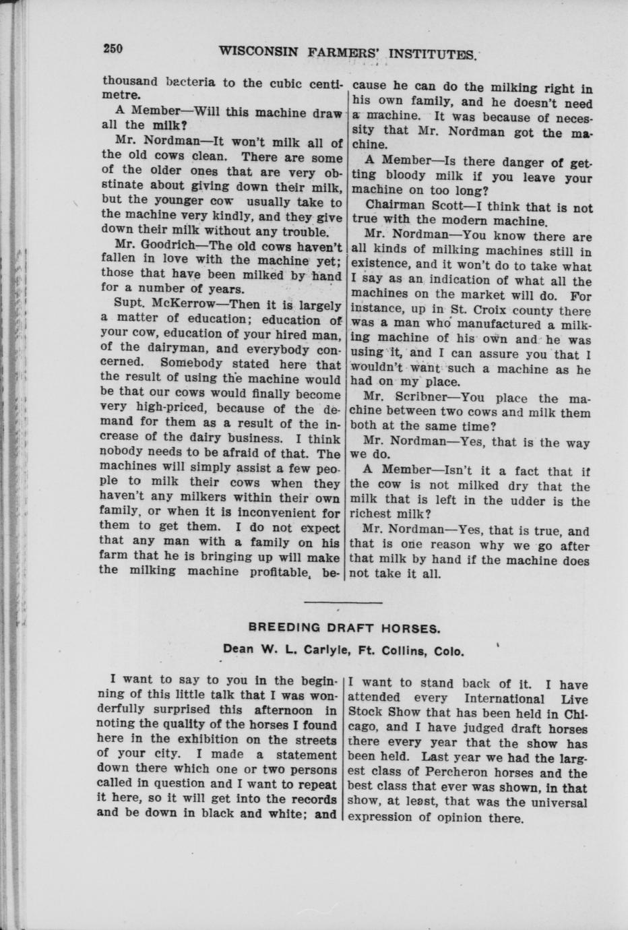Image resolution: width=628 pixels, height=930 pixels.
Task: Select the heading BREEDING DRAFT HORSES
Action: click(344, 627)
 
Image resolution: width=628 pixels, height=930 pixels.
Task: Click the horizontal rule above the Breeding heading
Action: click(344, 602)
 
